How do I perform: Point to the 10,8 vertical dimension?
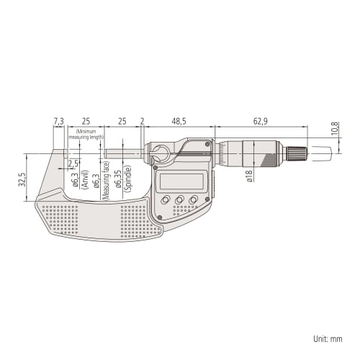point(334,130)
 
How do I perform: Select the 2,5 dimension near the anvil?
point(73,163)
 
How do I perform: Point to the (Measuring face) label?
point(107,181)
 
